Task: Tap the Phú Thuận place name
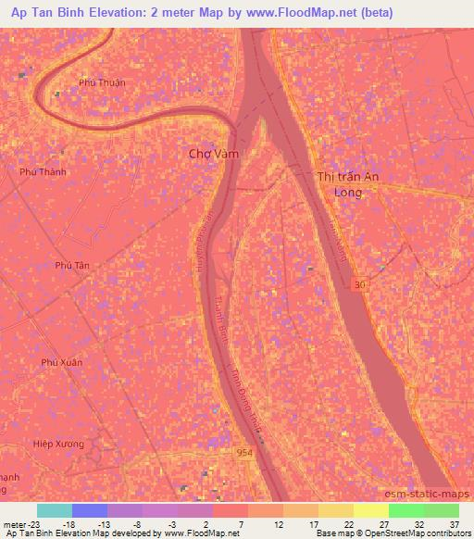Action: [x=102, y=82]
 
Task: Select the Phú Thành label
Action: [x=44, y=171]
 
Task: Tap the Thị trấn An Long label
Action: [x=348, y=184]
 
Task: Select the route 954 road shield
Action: [x=243, y=450]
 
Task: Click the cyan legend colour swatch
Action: [x=55, y=510]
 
